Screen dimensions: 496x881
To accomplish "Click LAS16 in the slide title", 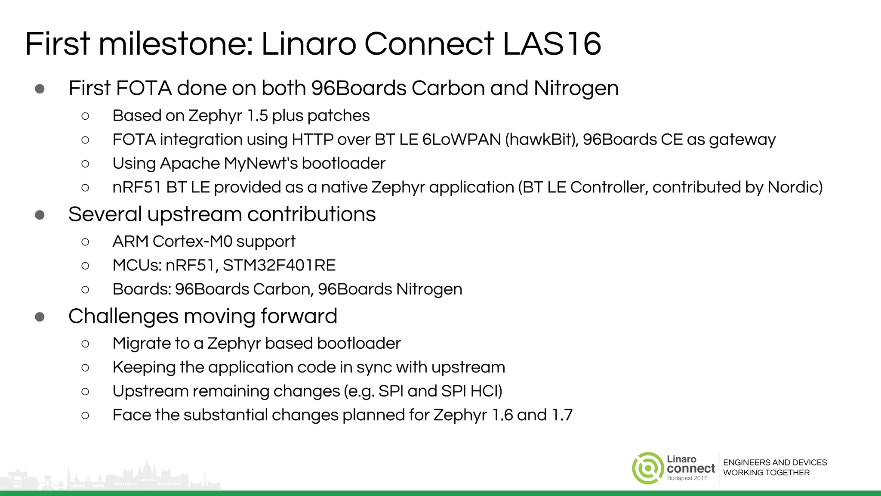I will coord(551,44).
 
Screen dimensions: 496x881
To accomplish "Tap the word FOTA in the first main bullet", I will coord(144,88).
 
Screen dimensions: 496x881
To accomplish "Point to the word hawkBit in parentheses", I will coord(542,139).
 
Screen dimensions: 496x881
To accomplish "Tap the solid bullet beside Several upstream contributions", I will coord(40,214).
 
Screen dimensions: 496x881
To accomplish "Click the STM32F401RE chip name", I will coord(279,265).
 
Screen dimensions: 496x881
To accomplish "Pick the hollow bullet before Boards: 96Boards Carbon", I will coord(85,289).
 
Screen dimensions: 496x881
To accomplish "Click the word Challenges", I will coord(123,316).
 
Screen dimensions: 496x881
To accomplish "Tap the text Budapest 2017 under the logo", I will coord(687,478).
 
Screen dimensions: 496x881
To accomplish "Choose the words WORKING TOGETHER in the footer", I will coord(766,473).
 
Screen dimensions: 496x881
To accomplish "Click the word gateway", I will coord(742,140).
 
